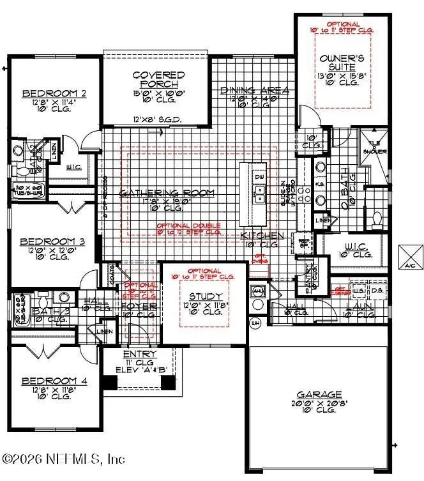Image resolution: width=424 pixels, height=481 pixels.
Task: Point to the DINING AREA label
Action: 254,91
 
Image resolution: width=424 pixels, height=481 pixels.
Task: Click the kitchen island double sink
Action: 259,194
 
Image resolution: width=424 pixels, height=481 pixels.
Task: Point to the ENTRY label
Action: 140,354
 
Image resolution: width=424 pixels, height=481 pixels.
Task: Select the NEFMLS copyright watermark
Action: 64,459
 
